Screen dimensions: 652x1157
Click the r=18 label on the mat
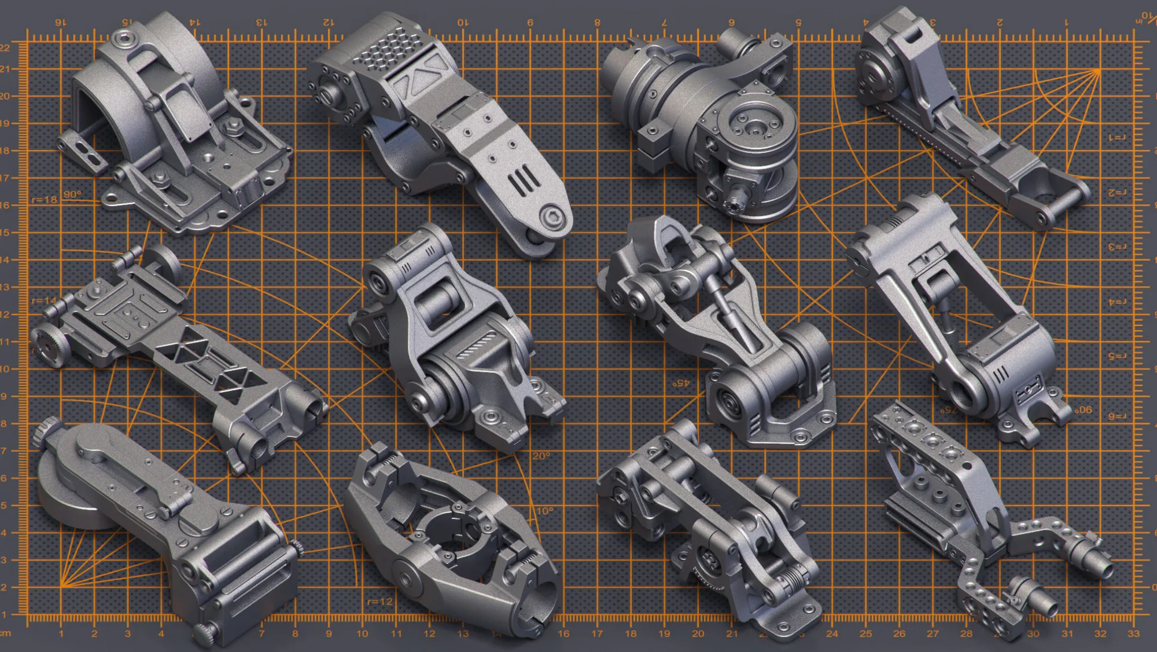pyautogui.click(x=45, y=200)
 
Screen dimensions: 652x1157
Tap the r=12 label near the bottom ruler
pyautogui.click(x=379, y=602)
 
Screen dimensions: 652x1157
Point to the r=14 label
pyautogui.click(x=44, y=301)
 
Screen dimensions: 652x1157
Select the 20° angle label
pyautogui.click(x=541, y=456)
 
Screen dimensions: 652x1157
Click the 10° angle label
pyautogui.click(x=544, y=511)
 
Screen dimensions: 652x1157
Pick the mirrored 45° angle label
pyautogui.click(x=681, y=383)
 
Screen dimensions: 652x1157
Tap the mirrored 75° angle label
pyautogui.click(x=948, y=410)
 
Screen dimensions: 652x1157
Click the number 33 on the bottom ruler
pyautogui.click(x=1133, y=634)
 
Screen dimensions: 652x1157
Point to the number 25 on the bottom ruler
pyautogui.click(x=865, y=634)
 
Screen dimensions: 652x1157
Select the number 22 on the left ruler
pyautogui.click(x=5, y=47)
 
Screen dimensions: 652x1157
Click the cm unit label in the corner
pyautogui.click(x=5, y=634)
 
